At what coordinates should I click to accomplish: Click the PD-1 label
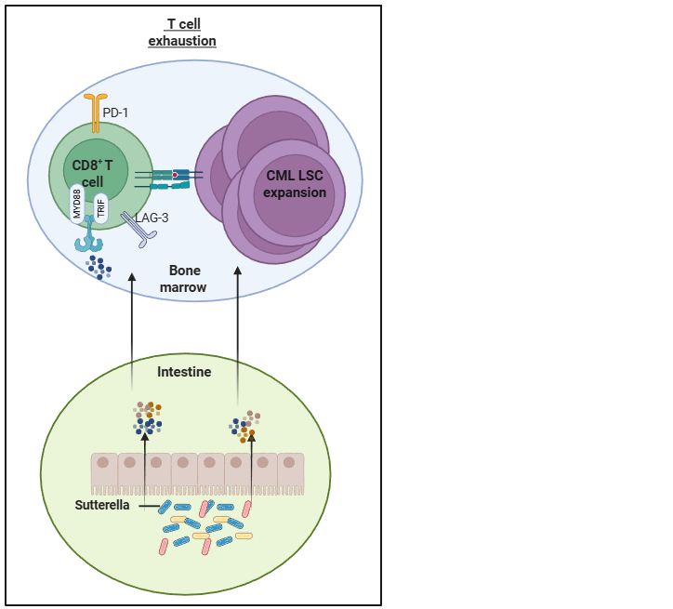117,113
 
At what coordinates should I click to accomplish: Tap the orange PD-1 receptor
95,112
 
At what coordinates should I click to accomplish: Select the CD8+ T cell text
93,173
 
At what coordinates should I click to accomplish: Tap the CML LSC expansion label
295,185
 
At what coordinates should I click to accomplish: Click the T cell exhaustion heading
182,33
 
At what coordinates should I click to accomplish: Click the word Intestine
184,372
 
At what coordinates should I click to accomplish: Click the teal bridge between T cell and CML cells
169,179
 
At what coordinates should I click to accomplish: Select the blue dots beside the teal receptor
99,267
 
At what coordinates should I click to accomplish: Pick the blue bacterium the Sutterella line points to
165,507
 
